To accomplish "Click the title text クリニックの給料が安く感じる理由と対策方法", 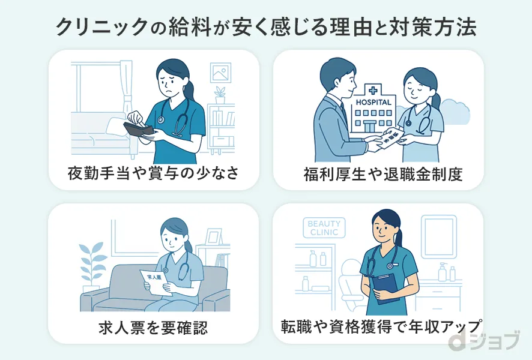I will point(266,27).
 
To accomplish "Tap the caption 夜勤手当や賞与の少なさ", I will point(153,174).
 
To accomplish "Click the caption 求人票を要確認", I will point(154,328).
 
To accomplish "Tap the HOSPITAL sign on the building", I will point(373,103).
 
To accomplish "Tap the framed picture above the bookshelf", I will point(220,73).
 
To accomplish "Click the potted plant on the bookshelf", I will point(220,95).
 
